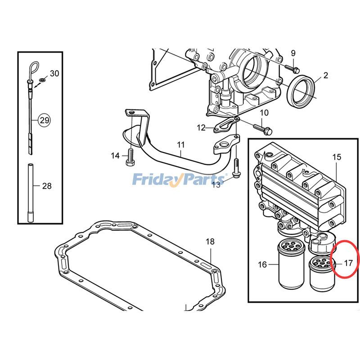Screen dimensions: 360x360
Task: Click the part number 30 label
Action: pos(54,73)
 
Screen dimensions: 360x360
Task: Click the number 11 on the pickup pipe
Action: pos(181,145)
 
